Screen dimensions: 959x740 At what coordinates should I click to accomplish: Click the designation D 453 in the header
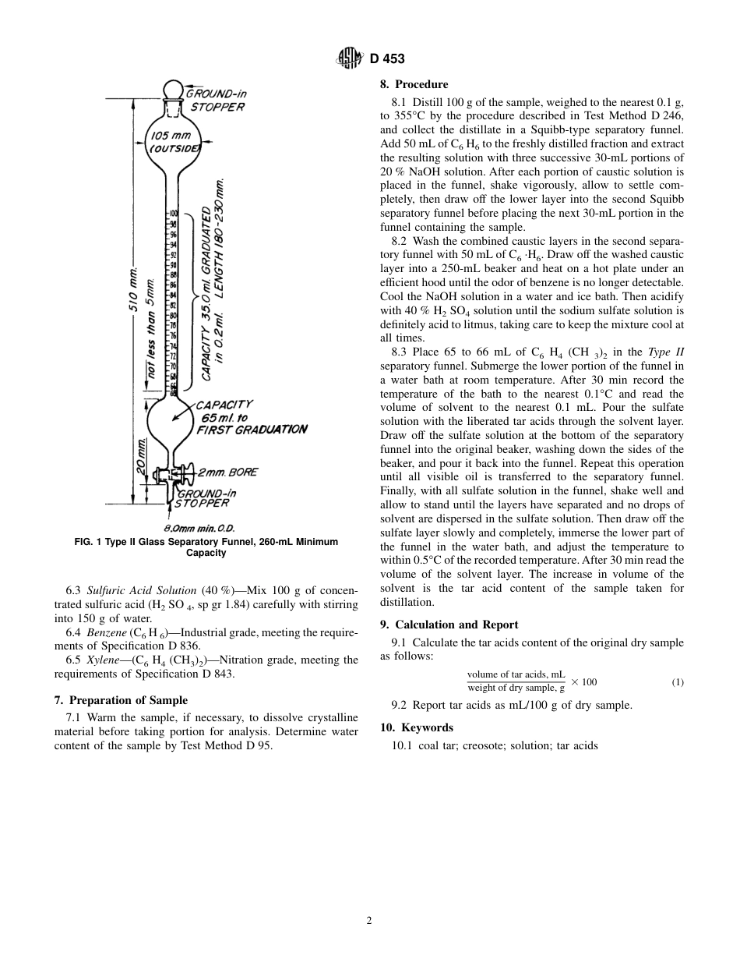coord(387,59)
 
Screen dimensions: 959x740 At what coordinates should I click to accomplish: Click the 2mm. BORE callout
coord(227,472)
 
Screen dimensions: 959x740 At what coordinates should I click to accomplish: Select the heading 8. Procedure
coord(414,84)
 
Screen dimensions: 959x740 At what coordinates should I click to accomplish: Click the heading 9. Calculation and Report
coord(449,625)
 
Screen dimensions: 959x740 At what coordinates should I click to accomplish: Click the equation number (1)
coord(678,683)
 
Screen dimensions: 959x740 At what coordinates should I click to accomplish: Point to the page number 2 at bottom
coord(369,921)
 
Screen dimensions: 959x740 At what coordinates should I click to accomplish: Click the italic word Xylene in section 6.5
coord(104,660)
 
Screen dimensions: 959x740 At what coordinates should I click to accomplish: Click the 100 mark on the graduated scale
coord(174,213)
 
